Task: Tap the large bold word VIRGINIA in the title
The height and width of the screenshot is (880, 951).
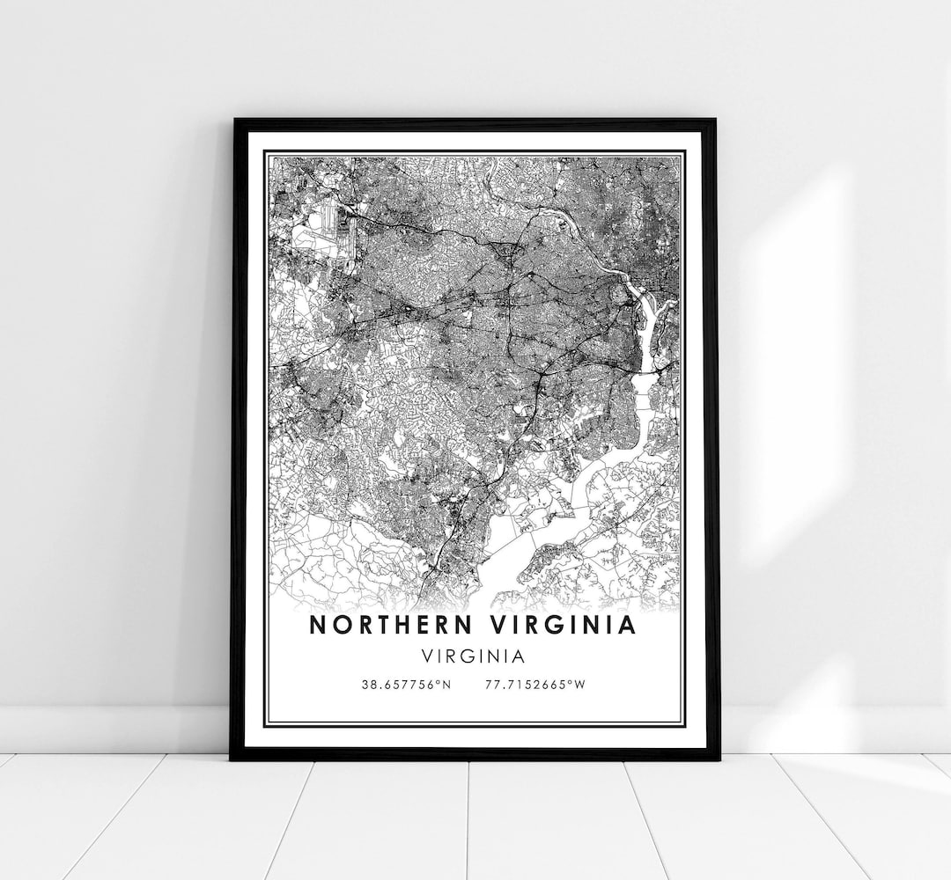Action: point(564,625)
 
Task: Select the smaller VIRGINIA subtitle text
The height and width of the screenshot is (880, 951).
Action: point(475,656)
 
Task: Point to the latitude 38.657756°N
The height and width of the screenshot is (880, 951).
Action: point(405,684)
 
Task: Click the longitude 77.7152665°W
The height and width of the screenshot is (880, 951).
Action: point(534,684)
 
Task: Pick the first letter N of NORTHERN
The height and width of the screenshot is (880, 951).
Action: point(315,625)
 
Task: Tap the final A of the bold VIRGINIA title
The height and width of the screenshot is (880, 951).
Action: point(627,625)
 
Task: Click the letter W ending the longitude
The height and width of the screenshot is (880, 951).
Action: point(579,684)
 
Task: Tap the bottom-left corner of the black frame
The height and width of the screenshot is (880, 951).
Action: point(233,757)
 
